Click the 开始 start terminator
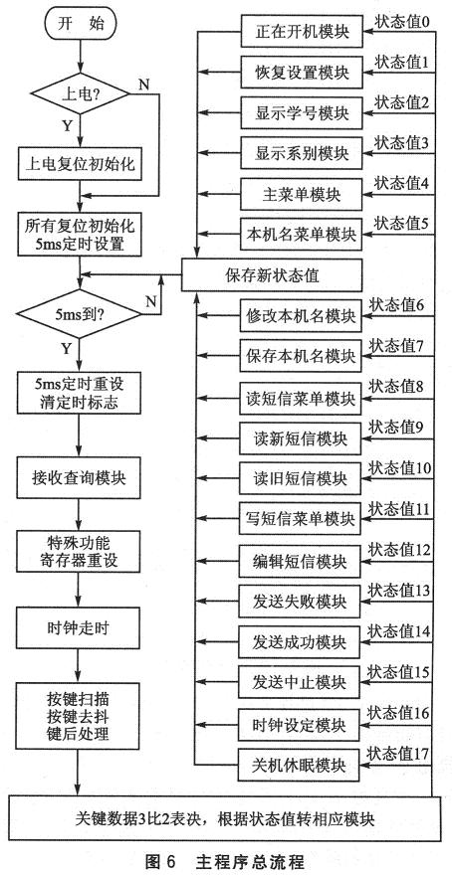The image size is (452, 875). (x=80, y=25)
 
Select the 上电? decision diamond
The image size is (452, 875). (x=80, y=93)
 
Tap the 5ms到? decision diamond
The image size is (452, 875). (x=80, y=313)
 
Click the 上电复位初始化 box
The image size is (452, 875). (x=80, y=163)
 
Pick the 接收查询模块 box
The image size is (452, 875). (x=80, y=478)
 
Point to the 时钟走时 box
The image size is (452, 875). (x=80, y=627)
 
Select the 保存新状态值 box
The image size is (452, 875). (x=273, y=274)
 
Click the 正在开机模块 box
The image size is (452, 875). (x=303, y=31)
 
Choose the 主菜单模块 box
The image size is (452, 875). (x=303, y=194)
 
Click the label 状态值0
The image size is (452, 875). (x=401, y=22)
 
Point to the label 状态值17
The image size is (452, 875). (x=398, y=753)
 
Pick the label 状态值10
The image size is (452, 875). (x=400, y=468)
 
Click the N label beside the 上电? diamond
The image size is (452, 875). (x=143, y=85)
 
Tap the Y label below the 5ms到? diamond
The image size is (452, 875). (x=67, y=349)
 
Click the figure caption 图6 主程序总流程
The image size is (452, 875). (x=225, y=861)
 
